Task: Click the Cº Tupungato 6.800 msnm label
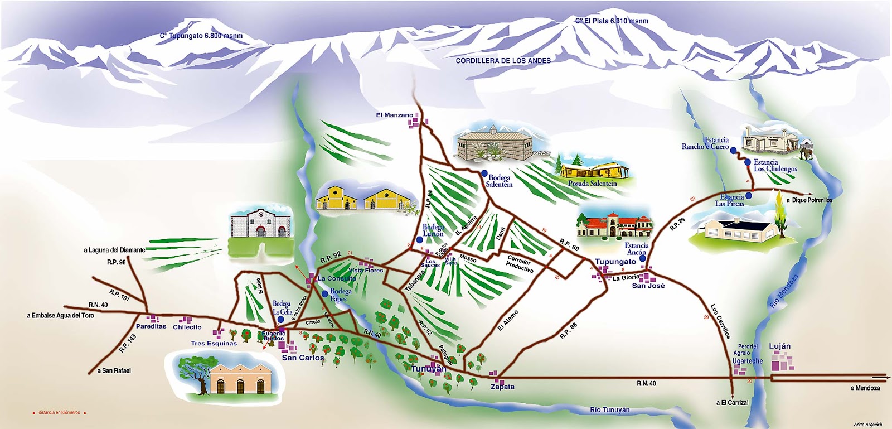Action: (201, 36)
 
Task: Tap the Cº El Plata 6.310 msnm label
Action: (612, 21)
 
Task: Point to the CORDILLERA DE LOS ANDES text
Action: (503, 60)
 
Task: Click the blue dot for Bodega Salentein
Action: (484, 173)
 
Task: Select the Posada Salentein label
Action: (592, 183)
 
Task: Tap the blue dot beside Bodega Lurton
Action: (419, 239)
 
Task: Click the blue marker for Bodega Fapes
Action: (324, 293)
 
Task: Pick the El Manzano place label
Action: (395, 115)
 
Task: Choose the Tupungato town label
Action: (615, 261)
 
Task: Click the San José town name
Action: (648, 286)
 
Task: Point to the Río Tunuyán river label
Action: (609, 410)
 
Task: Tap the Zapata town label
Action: (502, 387)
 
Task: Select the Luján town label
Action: (779, 346)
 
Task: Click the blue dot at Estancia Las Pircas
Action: (749, 196)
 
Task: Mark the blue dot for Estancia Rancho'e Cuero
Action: (734, 151)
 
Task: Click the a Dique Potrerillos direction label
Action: (809, 200)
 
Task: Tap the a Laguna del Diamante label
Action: (114, 250)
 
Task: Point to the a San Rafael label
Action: (114, 370)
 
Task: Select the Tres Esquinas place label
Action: (214, 343)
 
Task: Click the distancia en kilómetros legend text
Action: (59, 413)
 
